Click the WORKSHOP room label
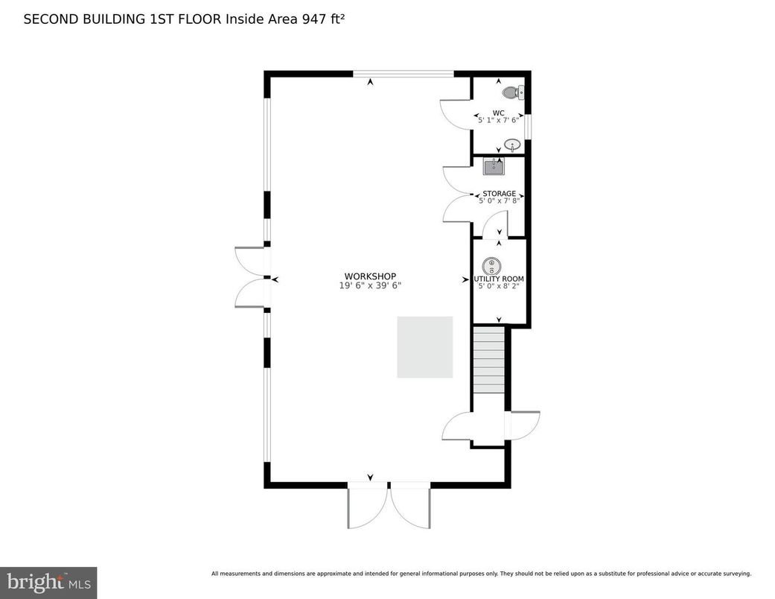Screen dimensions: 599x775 coord(370,276)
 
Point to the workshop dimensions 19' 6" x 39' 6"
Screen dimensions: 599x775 coord(370,285)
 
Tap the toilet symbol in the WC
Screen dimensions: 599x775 coord(513,92)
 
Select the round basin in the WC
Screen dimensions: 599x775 coord(511,144)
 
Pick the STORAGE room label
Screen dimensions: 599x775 coord(499,194)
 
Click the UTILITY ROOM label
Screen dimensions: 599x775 coord(499,279)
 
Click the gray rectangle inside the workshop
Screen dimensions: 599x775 coord(425,346)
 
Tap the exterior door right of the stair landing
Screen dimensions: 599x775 coord(523,425)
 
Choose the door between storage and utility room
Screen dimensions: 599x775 coord(495,223)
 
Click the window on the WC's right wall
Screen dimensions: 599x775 coord(528,126)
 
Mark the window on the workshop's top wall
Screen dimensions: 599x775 coord(403,74)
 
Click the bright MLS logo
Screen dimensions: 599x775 coord(48,581)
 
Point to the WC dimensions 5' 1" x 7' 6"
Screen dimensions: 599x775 coord(499,120)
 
